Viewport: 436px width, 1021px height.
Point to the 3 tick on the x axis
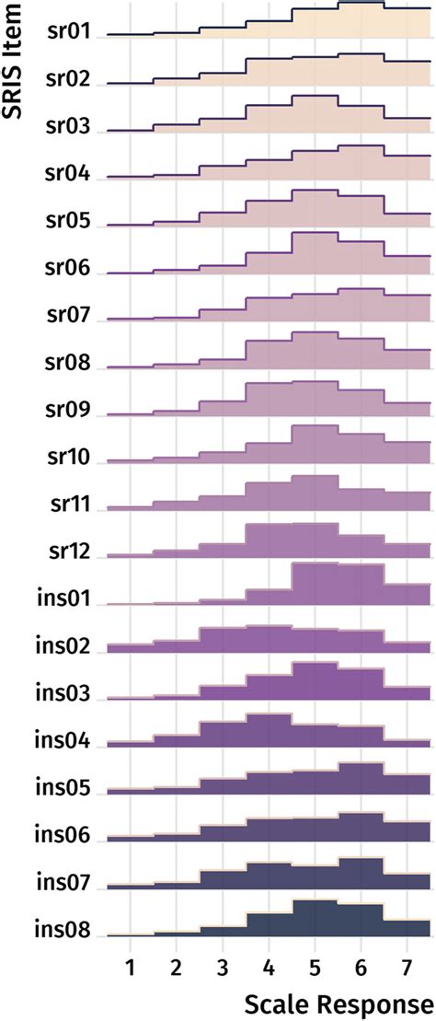tap(223, 969)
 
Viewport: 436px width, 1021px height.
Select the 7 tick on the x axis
tap(407, 969)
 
